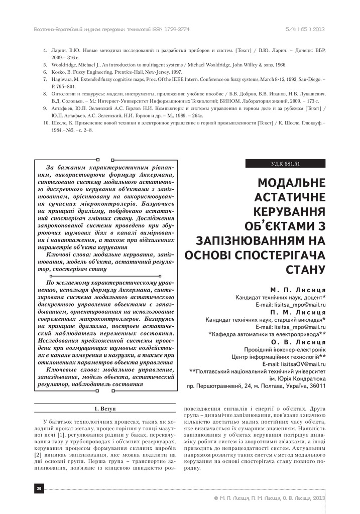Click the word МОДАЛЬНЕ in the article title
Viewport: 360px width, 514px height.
(x=291, y=182)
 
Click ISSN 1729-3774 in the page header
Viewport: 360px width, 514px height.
(x=171, y=29)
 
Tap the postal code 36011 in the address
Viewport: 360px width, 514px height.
(x=316, y=386)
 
